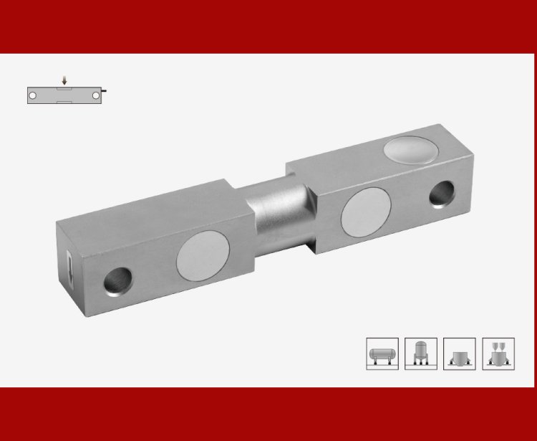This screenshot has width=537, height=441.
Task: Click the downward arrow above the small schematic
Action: point(64,81)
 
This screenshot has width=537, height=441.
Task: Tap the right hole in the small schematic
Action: point(95,95)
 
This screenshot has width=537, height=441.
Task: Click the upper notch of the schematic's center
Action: point(64,88)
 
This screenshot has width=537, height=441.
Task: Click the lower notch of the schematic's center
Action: point(64,102)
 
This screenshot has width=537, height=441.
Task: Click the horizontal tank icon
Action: point(382,354)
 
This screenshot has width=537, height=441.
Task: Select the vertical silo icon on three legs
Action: point(421,354)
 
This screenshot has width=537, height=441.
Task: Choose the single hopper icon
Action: point(460,354)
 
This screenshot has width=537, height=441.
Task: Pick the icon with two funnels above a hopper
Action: point(498,354)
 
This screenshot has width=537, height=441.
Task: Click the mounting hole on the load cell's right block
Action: point(442,193)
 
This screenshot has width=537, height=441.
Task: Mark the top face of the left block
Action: point(154,204)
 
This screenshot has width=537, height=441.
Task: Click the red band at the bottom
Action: point(268,414)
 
